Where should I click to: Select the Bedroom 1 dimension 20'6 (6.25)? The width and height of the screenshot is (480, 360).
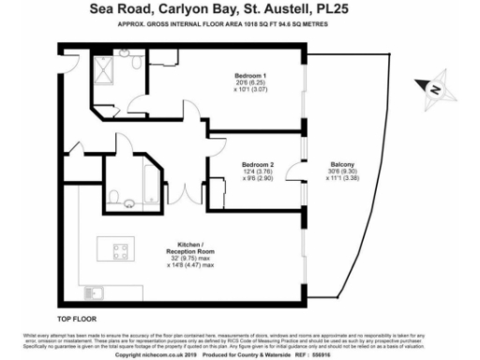(x=251, y=82)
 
